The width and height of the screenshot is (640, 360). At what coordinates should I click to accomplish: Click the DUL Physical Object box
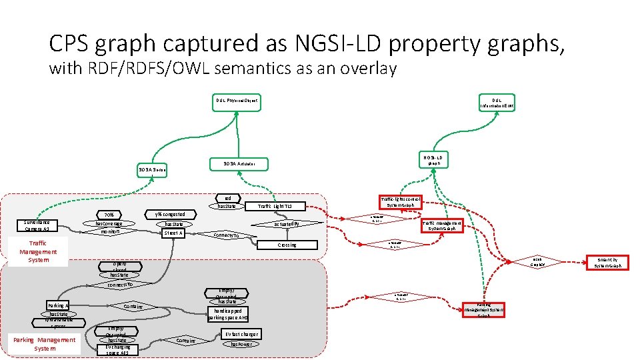pyautogui.click(x=236, y=101)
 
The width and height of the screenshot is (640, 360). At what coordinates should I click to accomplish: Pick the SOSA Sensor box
pyautogui.click(x=151, y=171)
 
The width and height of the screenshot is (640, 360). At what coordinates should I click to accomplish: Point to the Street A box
pyautogui.click(x=173, y=233)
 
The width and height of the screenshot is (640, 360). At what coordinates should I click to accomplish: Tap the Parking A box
pyautogui.click(x=58, y=305)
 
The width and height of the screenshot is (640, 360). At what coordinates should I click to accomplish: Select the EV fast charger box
pyautogui.click(x=241, y=334)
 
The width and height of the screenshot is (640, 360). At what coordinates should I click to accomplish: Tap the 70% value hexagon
pyautogui.click(x=108, y=215)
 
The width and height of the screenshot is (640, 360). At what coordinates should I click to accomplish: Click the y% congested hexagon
pyautogui.click(x=169, y=215)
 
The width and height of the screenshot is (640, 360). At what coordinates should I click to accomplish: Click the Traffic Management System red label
pyautogui.click(x=38, y=251)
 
